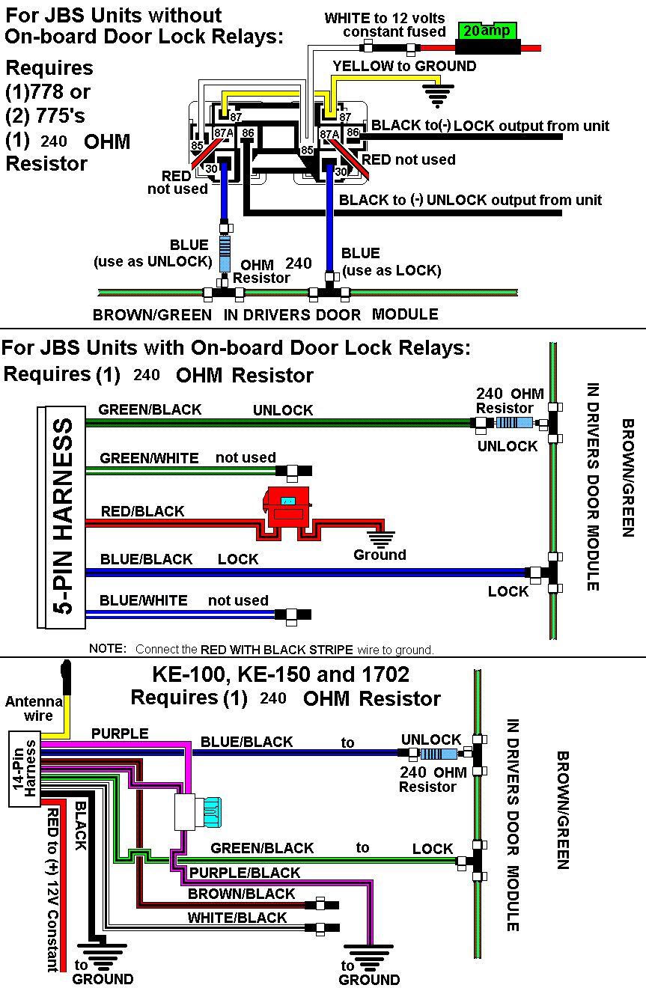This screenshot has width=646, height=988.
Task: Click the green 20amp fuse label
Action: point(487,31)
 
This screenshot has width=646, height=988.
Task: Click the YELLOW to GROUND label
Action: point(405,66)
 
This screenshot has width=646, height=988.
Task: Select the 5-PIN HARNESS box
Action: point(62,517)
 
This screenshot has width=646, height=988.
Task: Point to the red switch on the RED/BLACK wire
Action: point(287,507)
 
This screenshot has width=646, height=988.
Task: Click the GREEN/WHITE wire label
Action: point(149,458)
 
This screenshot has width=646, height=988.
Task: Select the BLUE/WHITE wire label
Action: point(144,600)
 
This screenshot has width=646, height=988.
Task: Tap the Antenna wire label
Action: point(34,708)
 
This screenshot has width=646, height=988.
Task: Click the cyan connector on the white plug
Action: point(212,812)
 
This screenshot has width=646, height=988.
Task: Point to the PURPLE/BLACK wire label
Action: point(245,873)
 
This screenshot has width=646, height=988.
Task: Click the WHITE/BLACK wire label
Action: point(237,918)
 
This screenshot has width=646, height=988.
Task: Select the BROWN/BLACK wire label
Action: point(241,894)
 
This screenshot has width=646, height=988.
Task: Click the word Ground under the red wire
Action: point(380,555)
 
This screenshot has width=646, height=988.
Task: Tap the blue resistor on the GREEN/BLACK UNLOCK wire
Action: point(514,423)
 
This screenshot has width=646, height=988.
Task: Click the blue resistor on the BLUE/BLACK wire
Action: point(438,753)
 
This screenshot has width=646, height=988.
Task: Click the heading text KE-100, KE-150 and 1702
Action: point(281,674)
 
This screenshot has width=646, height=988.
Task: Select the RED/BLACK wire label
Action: point(142,511)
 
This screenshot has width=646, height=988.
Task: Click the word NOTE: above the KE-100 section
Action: point(108,648)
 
